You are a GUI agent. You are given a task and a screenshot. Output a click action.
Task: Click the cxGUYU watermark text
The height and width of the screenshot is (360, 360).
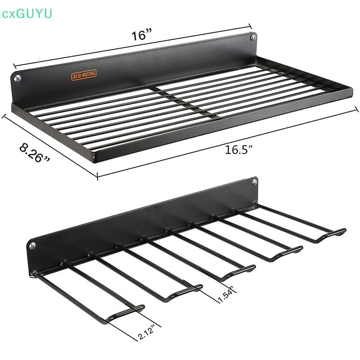[27, 13]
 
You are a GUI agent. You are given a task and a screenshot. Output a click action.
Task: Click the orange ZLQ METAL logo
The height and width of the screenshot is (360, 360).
[84, 75]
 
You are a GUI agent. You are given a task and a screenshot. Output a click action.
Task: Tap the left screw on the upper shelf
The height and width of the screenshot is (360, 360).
[18, 78]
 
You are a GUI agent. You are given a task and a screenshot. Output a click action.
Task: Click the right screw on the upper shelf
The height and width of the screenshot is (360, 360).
[253, 37]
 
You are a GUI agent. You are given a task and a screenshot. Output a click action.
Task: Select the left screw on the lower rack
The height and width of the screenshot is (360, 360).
[32, 246]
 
